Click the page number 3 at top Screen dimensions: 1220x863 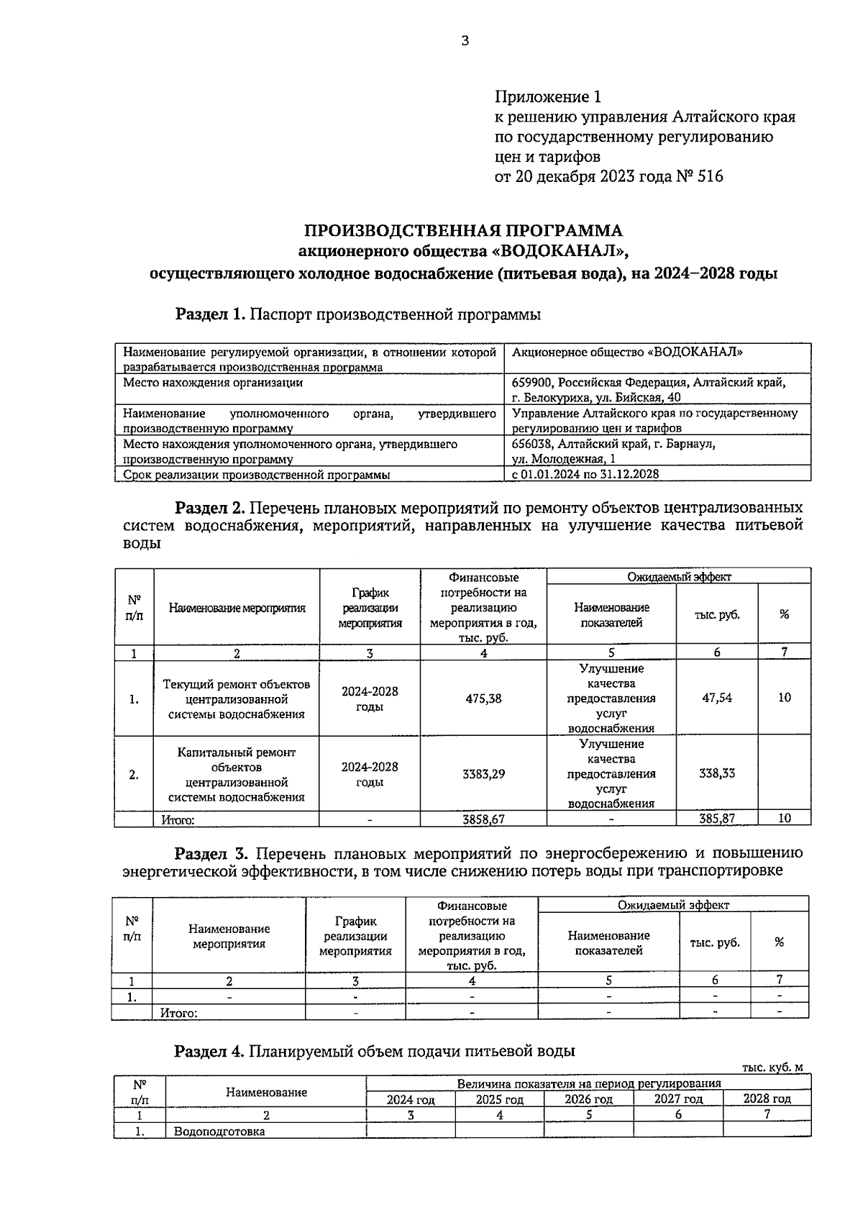click(465, 42)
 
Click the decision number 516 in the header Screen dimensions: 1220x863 click(710, 176)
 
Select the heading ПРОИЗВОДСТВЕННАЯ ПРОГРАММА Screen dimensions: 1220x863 click(463, 231)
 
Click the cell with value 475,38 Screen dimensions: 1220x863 click(483, 698)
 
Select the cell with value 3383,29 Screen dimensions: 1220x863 click(483, 774)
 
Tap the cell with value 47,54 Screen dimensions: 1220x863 click(717, 698)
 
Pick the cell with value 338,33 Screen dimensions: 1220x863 click(717, 773)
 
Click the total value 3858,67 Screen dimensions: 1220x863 click(483, 819)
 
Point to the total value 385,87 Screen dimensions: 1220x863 click(717, 819)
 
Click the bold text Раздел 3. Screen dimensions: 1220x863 click(211, 854)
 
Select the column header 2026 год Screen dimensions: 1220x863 click(588, 1099)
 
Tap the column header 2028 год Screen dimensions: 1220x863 click(767, 1099)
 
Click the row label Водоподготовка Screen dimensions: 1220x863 click(219, 1132)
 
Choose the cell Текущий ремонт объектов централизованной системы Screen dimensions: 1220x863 click(237, 698)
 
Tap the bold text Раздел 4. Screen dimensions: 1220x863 click(210, 1051)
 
